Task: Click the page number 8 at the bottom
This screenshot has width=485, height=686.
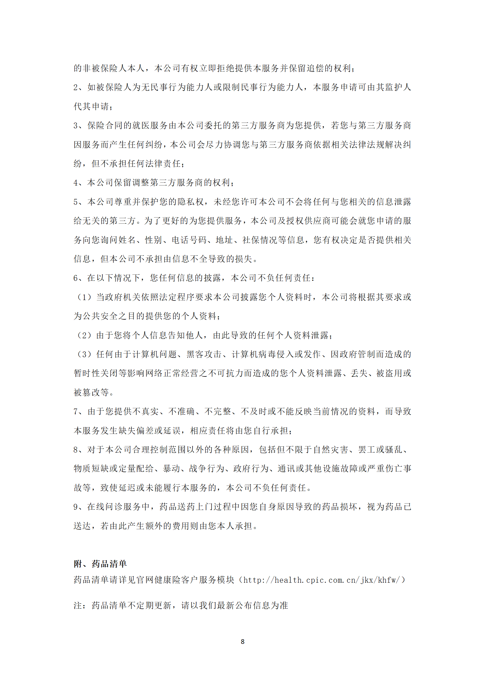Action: point(242,641)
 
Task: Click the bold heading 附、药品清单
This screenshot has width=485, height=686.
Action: point(100,564)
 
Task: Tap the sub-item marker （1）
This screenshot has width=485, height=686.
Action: point(84,297)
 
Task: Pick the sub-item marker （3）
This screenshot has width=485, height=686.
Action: point(84,354)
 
